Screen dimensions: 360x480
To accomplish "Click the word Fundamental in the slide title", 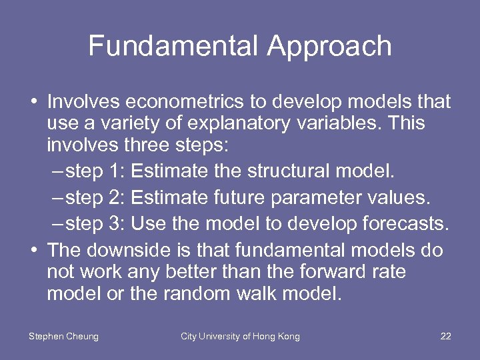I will coord(174,46).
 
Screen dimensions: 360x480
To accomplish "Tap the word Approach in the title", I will coord(329,46).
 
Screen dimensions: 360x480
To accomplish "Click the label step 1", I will coord(95,171).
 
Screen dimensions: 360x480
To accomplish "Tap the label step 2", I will coord(95,198).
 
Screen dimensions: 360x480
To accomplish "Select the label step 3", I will coord(95,224).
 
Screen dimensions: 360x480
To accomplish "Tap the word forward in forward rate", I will coord(334,272).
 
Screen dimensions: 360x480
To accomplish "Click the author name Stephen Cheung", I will coord(63,337).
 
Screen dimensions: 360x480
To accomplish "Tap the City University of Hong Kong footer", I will coord(240,337).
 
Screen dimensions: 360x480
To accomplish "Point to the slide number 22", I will coord(445,337).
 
